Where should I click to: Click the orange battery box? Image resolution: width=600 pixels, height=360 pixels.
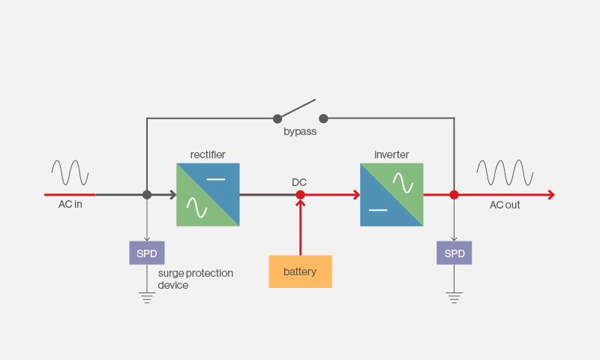(301, 271)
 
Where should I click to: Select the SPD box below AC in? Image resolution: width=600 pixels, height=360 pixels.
(147, 253)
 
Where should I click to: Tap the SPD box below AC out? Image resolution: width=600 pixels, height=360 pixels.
(454, 253)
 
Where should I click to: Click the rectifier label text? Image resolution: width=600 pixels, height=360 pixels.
(208, 154)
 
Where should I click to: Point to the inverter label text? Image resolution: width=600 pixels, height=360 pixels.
(391, 154)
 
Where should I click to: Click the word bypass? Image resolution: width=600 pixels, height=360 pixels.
(300, 131)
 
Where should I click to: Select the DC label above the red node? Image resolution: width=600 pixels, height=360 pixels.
(299, 182)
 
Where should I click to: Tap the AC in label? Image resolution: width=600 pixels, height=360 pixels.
(70, 204)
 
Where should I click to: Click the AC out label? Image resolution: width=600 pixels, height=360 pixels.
(505, 205)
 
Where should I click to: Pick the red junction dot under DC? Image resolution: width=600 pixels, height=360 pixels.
(301, 195)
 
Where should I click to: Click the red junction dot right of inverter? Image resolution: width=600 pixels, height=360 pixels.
(454, 195)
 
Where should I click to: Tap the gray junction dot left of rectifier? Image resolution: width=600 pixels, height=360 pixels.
(147, 195)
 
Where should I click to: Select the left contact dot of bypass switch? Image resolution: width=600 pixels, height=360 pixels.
(277, 119)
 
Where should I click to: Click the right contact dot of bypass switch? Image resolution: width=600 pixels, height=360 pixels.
(323, 118)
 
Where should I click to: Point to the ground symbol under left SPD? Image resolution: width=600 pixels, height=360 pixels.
(147, 298)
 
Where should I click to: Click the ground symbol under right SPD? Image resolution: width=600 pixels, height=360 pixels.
(454, 298)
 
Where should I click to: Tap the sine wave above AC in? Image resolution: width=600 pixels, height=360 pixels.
(70, 172)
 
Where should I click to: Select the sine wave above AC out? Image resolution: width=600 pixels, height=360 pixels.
(505, 172)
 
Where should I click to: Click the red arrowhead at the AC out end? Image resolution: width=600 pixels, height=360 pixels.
(551, 195)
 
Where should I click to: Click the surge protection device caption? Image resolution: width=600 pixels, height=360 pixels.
(196, 279)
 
